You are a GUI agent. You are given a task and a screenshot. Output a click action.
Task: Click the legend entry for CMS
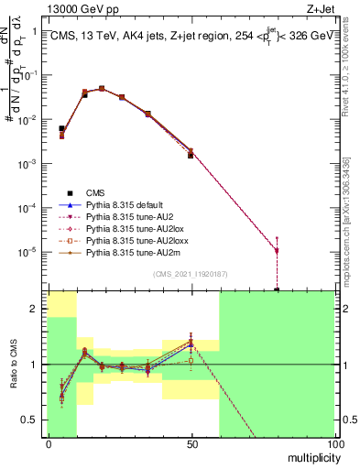coord(94,192)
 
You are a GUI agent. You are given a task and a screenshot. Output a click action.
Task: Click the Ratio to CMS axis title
coord(12,364)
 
